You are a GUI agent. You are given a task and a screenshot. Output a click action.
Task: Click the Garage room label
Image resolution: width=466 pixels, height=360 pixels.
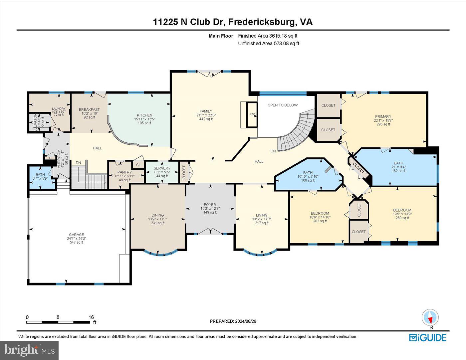coord(77,235)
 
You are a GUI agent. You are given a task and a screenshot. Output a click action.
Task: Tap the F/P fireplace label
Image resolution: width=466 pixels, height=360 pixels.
coord(252,115)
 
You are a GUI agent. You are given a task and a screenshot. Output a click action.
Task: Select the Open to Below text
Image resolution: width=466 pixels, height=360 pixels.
coord(283,105)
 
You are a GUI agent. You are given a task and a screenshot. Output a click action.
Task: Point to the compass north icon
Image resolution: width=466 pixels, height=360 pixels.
coord(430,317)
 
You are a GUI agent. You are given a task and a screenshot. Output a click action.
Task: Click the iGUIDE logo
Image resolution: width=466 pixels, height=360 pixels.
coord(427,337)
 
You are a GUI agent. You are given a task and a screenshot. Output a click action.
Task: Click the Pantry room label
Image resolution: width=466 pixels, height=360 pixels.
coord(124,172)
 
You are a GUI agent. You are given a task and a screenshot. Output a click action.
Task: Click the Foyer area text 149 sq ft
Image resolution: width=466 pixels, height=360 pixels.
coord(210,212)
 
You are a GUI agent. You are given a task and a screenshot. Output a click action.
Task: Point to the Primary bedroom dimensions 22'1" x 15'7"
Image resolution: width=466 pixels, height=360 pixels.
coord(383,120)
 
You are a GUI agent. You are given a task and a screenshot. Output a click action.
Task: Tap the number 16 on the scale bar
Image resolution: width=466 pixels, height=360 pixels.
coord(91,317)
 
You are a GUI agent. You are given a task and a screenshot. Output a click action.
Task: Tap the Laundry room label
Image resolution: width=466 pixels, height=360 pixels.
coord(59,108)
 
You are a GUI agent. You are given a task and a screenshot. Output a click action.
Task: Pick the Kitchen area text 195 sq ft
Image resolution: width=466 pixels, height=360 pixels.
coord(144,123)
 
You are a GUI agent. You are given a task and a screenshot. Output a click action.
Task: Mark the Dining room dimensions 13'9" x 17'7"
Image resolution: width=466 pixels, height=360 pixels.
coord(157,219)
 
